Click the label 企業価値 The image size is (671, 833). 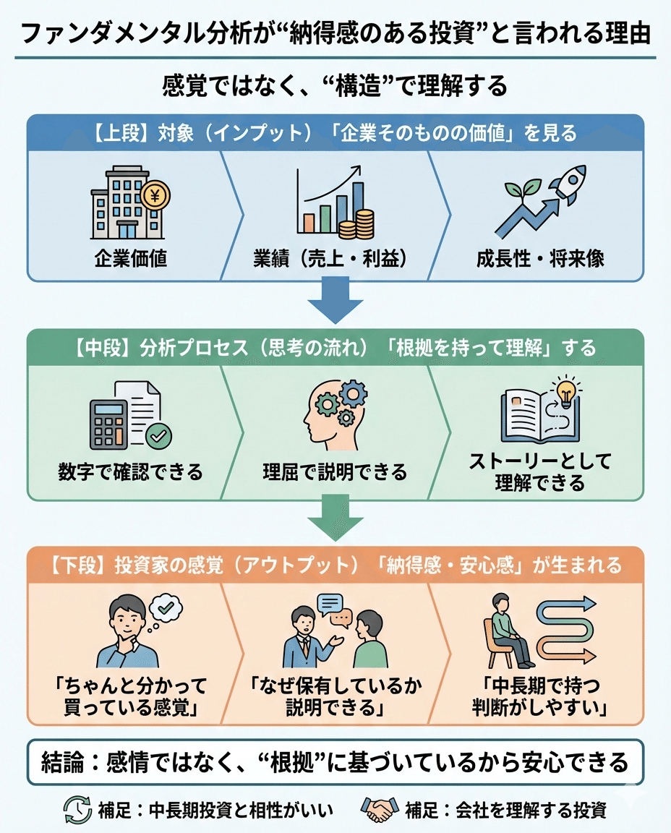(130, 258)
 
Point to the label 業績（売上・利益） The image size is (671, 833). (335, 258)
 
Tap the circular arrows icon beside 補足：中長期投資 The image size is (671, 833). (77, 810)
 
